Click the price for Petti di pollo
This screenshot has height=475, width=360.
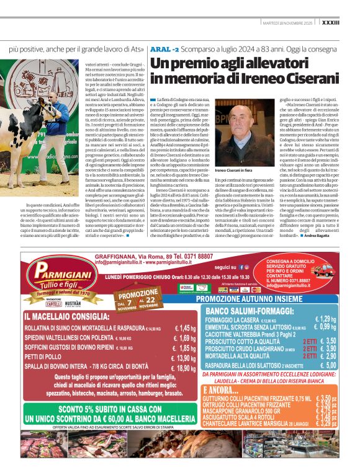pyautogui.click(x=184, y=358)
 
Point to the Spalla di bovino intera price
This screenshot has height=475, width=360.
pyautogui.click(x=184, y=368)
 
